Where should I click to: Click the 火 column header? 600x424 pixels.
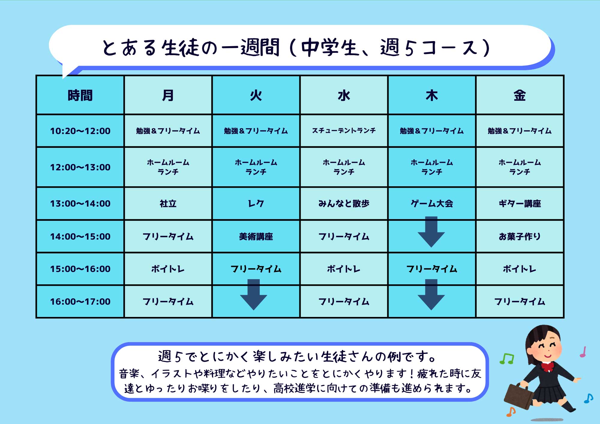click(256, 95)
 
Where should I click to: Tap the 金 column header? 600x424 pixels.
click(520, 95)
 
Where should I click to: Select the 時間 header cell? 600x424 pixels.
click(80, 95)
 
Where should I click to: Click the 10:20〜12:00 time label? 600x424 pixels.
click(80, 131)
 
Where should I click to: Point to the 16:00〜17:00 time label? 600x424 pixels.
click(80, 301)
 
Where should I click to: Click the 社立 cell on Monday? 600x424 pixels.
click(168, 204)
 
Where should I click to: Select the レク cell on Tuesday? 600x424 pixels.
click(256, 204)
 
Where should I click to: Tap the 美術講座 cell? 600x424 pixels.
click(256, 237)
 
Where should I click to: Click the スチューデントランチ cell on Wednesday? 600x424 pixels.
click(344, 131)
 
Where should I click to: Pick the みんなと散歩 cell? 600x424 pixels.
click(344, 204)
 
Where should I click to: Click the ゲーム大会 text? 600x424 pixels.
click(432, 204)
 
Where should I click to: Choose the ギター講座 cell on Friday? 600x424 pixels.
click(520, 204)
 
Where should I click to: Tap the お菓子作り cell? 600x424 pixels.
click(520, 237)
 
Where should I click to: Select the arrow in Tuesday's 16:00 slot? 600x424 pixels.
click(253, 294)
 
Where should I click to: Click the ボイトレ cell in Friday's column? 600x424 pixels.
click(520, 269)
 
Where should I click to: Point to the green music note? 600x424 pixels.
click(507, 359)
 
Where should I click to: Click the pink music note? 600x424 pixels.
click(583, 352)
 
